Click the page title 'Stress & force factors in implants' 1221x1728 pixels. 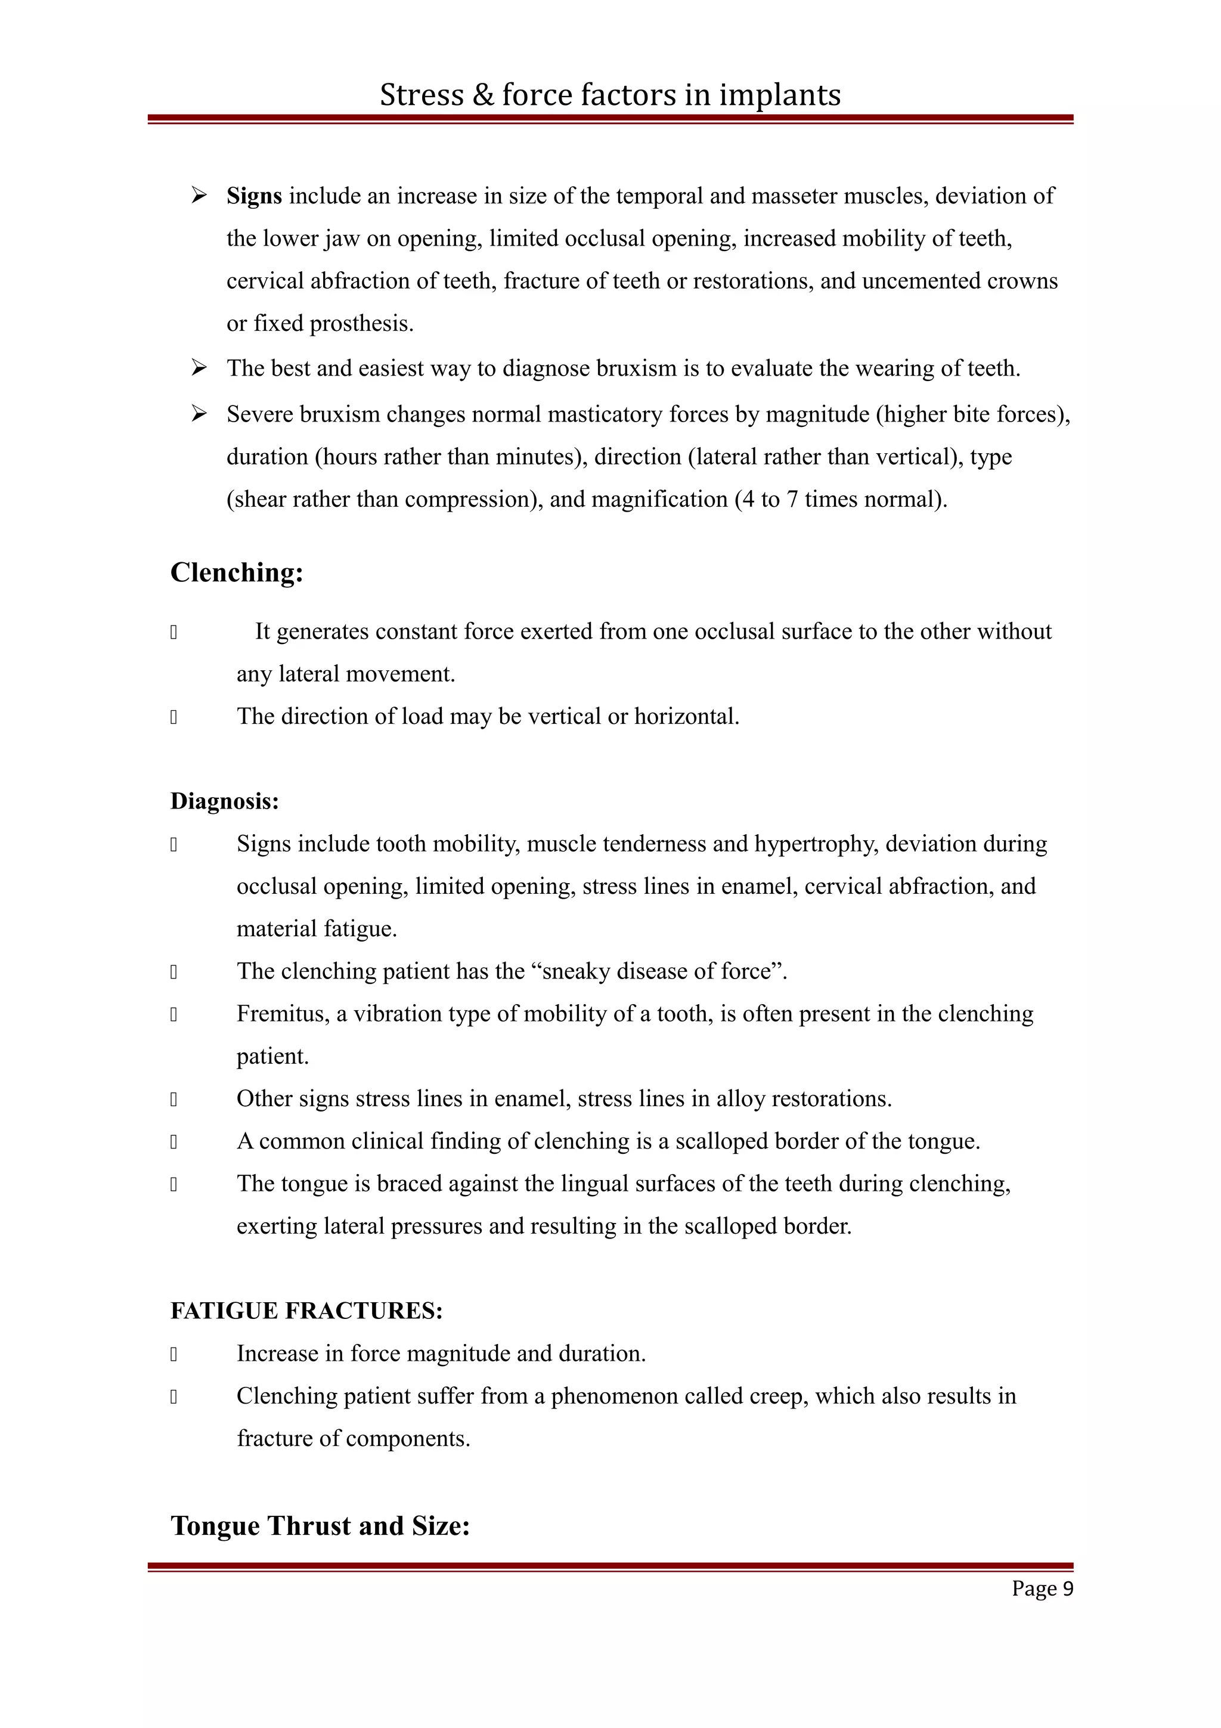tap(609, 95)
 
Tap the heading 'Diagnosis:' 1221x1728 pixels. tap(224, 801)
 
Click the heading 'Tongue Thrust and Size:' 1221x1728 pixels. tap(320, 1525)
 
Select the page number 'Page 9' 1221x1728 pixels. tap(1042, 1588)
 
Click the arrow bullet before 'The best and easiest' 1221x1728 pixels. tap(199, 367)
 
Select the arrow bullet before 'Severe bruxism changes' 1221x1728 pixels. tap(199, 413)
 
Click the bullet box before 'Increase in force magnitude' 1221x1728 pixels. tap(173, 1354)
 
